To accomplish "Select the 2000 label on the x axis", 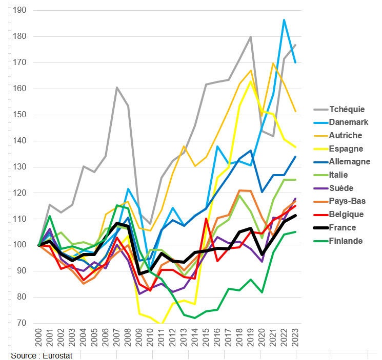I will click(39, 338).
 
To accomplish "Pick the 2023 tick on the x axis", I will click(295, 338).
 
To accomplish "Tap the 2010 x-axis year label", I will click(150, 338).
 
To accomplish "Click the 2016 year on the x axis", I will click(217, 338).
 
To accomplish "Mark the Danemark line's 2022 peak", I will click(284, 20).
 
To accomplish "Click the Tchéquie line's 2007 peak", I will click(117, 88).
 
